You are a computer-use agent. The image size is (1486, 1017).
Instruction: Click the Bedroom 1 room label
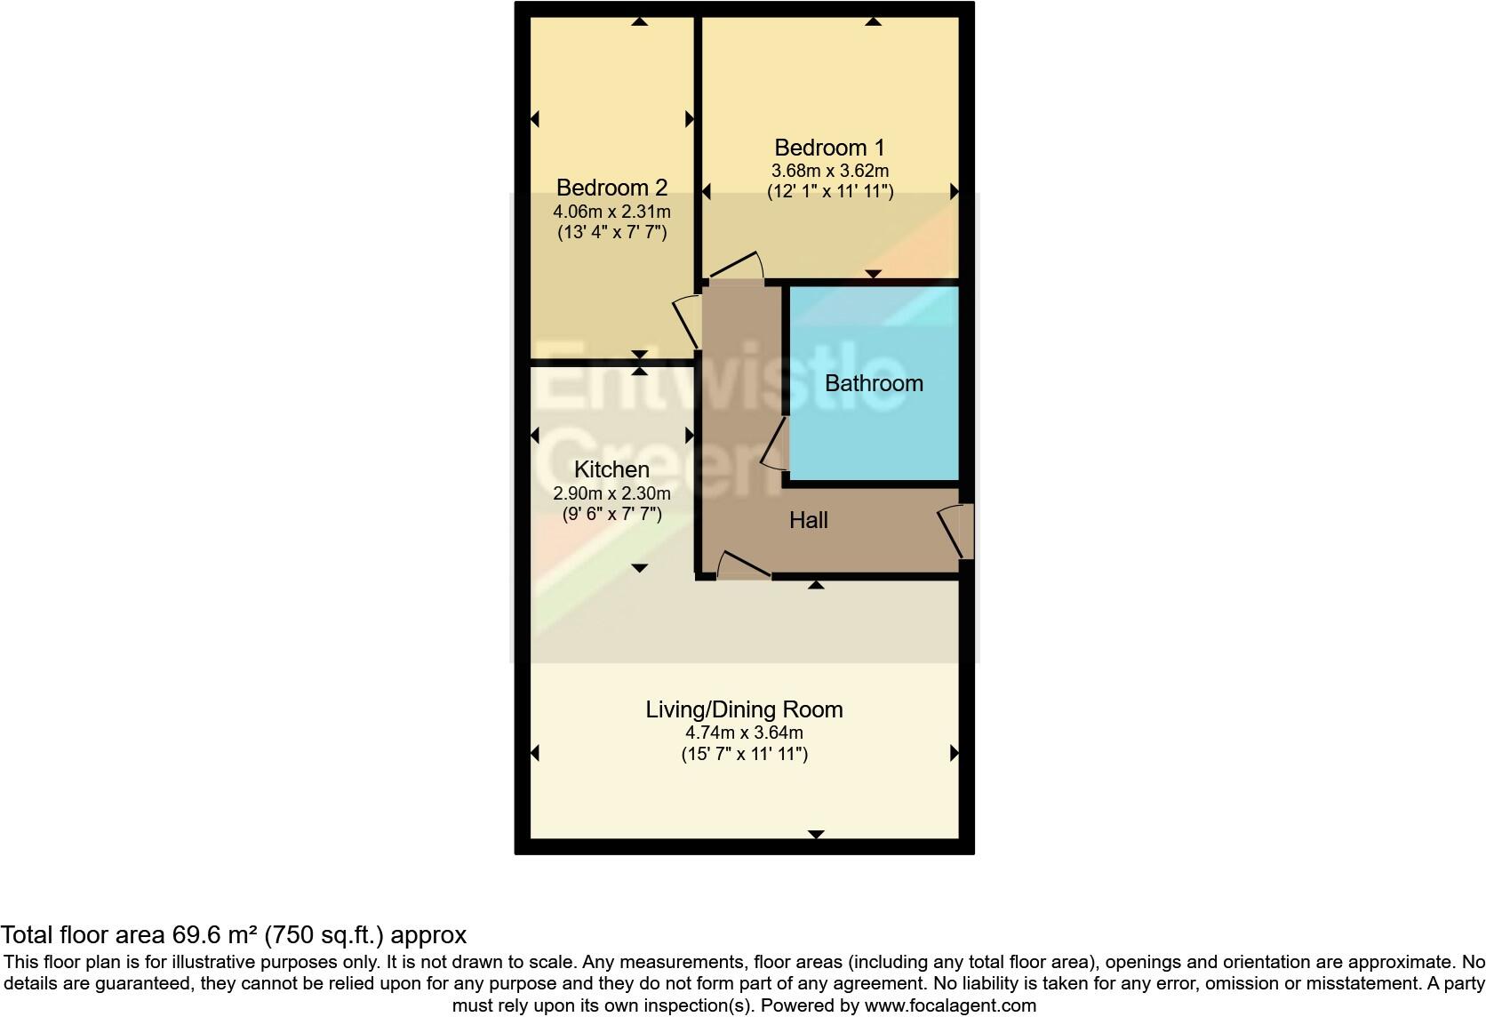pos(829,148)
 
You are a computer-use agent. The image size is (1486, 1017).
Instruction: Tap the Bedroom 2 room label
pos(611,188)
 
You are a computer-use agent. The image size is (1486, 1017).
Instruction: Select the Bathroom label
pos(874,383)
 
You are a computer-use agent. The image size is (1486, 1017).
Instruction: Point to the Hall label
pos(809,520)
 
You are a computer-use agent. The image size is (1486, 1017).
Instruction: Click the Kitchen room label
pos(611,469)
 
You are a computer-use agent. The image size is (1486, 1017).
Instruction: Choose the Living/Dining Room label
pos(744,709)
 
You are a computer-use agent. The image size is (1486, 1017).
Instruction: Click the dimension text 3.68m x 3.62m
pos(829,171)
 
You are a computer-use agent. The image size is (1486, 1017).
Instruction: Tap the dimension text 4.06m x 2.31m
pos(611,212)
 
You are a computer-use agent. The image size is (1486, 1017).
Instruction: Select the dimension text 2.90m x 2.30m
pos(611,493)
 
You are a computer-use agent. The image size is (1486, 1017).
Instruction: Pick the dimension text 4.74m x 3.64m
pos(744,733)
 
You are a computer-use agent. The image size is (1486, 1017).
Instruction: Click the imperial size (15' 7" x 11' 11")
pos(744,754)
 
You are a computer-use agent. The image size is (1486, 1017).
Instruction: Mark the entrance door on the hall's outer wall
pos(958,531)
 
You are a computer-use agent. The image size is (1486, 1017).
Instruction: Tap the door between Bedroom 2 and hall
pos(688,321)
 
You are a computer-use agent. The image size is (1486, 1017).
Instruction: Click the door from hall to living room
pos(743,566)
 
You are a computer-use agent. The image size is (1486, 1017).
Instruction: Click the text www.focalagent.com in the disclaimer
pos(950,1005)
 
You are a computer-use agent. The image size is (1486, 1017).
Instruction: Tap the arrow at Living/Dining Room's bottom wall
pos(816,834)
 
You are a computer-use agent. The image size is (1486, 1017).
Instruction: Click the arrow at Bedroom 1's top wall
pos(873,21)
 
